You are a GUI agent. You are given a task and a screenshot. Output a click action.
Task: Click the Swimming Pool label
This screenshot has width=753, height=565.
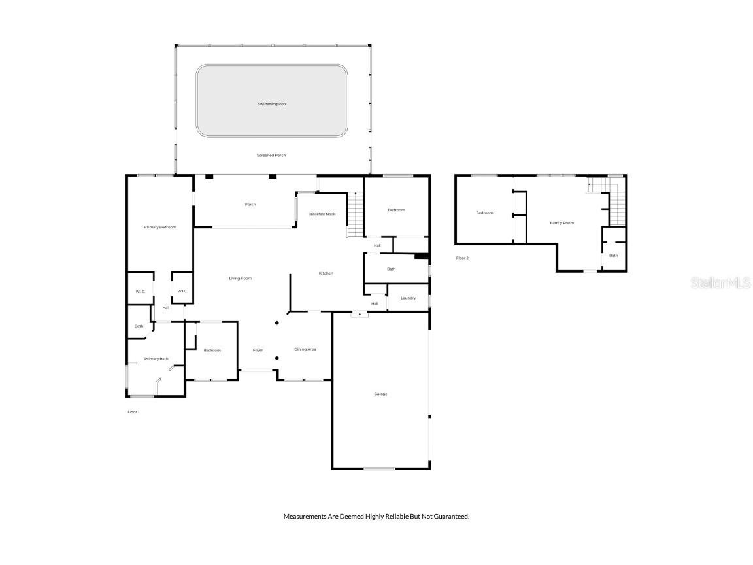click(x=272, y=104)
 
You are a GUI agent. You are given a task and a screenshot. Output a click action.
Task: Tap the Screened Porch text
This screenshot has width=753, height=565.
click(x=271, y=155)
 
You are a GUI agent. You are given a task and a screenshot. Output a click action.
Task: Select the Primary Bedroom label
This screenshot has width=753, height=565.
click(x=160, y=227)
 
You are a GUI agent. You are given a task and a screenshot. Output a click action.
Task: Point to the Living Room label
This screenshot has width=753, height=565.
click(x=240, y=279)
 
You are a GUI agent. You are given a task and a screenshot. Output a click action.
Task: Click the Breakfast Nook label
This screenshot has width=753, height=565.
click(x=322, y=214)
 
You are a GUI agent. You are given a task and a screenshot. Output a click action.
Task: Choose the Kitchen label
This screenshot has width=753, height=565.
click(x=326, y=273)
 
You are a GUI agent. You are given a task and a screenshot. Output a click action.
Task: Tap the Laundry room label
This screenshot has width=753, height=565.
click(x=408, y=298)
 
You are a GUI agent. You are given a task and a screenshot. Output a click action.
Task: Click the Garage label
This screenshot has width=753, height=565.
click(x=380, y=394)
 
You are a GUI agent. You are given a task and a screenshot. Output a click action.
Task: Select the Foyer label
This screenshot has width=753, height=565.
click(x=258, y=350)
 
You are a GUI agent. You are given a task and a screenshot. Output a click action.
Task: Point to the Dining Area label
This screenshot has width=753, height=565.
click(x=305, y=349)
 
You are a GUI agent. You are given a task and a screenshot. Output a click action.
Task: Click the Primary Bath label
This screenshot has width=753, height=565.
click(x=156, y=358)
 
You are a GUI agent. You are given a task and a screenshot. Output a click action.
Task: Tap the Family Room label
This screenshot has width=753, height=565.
click(x=561, y=223)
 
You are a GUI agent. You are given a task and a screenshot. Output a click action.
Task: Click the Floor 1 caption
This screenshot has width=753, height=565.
click(x=133, y=412)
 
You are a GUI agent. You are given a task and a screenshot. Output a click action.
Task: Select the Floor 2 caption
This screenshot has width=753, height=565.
click(x=462, y=258)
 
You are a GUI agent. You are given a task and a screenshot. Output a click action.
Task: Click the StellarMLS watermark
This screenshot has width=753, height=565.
click(x=720, y=282)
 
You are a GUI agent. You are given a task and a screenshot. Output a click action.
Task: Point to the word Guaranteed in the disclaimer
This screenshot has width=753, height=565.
click(x=452, y=517)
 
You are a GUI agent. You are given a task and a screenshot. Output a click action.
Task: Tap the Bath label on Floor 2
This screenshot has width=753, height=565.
click(x=613, y=256)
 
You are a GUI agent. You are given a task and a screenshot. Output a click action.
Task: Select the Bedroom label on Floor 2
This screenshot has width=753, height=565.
click(x=484, y=213)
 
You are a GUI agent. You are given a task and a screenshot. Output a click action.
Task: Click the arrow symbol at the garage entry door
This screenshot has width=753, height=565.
click(x=360, y=315)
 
